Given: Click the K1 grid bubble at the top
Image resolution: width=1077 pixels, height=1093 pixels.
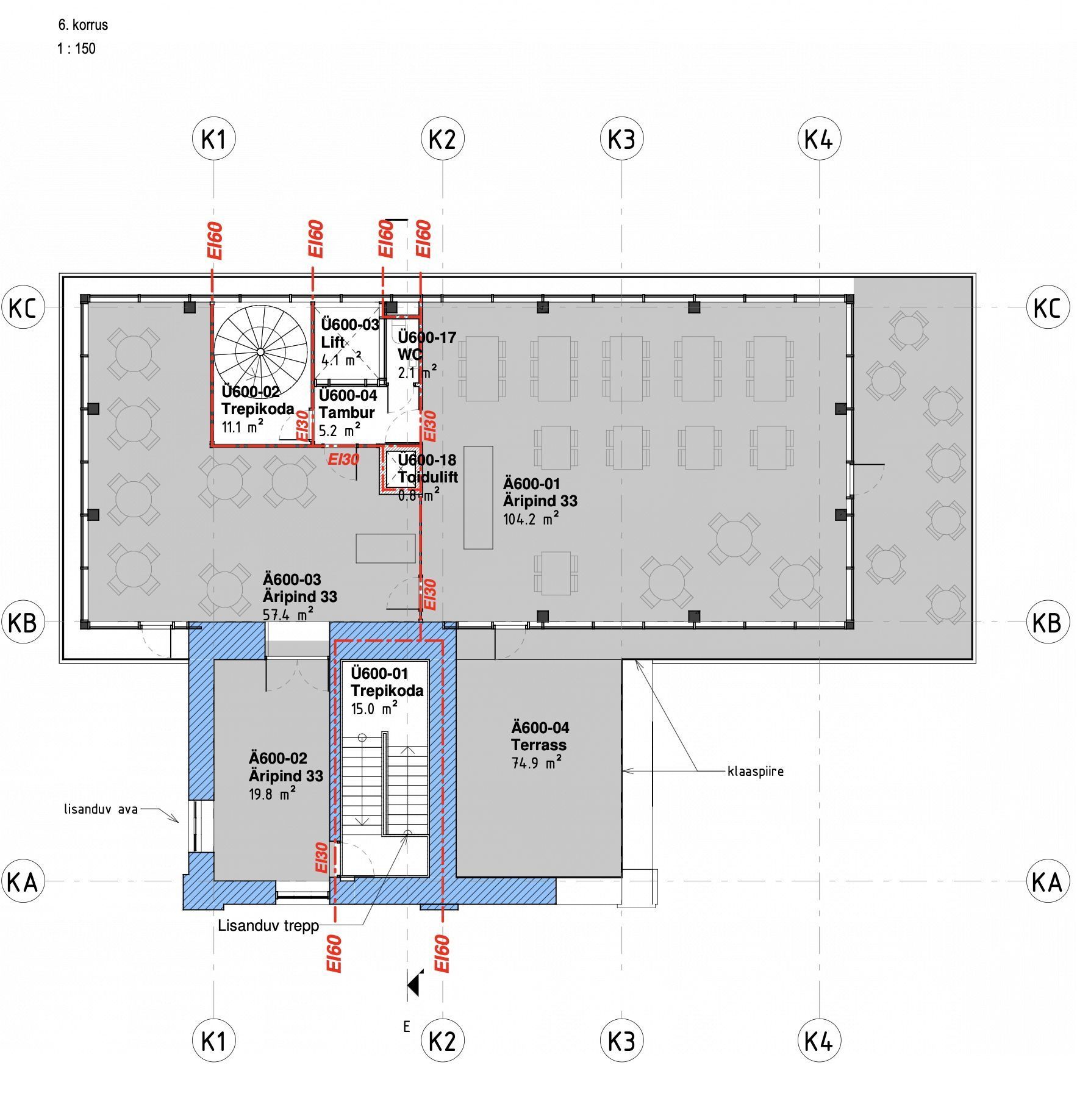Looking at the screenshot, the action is (x=213, y=139).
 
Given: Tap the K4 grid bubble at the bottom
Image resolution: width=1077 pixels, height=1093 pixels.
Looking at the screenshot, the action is (x=818, y=1041).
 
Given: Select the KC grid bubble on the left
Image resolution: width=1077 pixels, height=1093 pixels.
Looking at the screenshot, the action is (x=23, y=307).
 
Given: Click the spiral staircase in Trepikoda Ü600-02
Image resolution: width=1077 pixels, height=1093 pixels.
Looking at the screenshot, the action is (x=260, y=352).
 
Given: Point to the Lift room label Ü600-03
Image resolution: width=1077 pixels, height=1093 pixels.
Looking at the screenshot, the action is (x=350, y=324).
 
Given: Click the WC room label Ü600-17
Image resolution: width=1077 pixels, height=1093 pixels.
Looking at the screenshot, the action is (x=427, y=337).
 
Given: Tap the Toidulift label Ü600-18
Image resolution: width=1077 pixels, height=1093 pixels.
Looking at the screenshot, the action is (x=427, y=460).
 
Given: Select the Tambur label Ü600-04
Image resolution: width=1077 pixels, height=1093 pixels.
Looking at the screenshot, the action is (x=348, y=395).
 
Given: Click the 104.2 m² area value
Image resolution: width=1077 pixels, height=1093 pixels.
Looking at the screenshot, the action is (x=531, y=519).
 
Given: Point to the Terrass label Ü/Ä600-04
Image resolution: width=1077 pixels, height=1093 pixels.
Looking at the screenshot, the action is (x=540, y=728).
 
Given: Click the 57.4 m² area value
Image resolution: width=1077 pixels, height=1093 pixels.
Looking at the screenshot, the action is (x=288, y=614).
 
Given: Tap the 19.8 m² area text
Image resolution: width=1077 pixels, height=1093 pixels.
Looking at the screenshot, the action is (x=273, y=794).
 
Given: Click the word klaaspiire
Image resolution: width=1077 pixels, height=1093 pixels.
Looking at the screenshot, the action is (x=756, y=772).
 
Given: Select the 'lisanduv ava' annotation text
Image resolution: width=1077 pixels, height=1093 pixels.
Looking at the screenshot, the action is (x=101, y=810).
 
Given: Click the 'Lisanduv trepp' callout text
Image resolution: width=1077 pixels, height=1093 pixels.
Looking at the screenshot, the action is (x=268, y=926).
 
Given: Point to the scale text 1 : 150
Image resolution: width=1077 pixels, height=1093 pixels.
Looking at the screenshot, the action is (x=77, y=49).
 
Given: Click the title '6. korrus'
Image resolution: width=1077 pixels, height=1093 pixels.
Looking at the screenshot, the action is (x=83, y=25).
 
